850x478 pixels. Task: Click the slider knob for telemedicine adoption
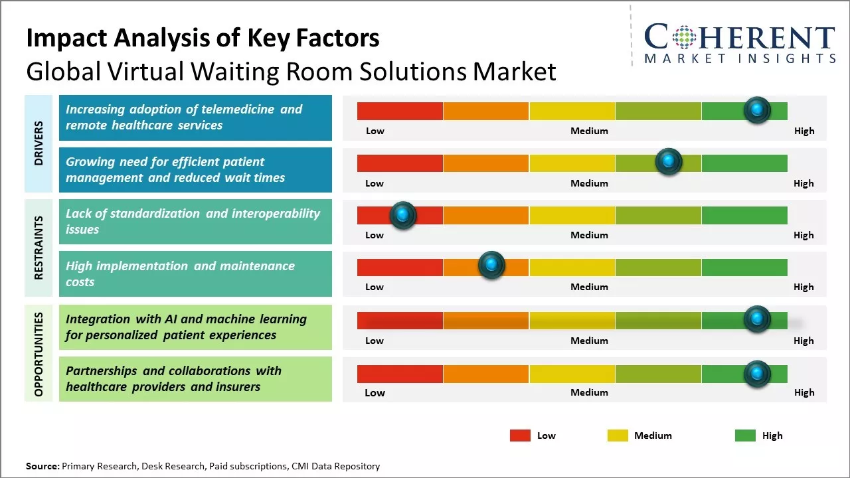pyautogui.click(x=756, y=110)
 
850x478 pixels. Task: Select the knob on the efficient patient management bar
pyautogui.click(x=668, y=162)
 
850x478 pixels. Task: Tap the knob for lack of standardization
pyautogui.click(x=402, y=215)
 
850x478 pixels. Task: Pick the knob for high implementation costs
pyautogui.click(x=491, y=266)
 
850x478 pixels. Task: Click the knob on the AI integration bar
pyautogui.click(x=756, y=319)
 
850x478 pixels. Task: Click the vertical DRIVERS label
pyautogui.click(x=39, y=143)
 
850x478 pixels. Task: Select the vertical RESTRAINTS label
pyautogui.click(x=39, y=248)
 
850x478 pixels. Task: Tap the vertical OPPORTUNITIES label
pyautogui.click(x=39, y=354)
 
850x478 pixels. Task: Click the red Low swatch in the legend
pyautogui.click(x=520, y=436)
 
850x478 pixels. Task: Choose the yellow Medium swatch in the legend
pyautogui.click(x=618, y=436)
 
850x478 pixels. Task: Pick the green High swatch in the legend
pyautogui.click(x=745, y=436)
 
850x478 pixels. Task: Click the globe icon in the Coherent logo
pyautogui.click(x=683, y=38)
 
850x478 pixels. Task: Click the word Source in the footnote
pyautogui.click(x=42, y=466)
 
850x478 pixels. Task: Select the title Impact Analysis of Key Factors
pyautogui.click(x=203, y=39)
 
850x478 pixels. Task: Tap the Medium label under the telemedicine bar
pyautogui.click(x=589, y=131)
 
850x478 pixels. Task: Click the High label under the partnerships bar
pyautogui.click(x=804, y=392)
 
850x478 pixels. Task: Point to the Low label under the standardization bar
pyautogui.click(x=375, y=235)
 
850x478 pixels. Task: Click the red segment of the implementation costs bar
pyautogui.click(x=400, y=267)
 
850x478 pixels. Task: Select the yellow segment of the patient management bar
pyautogui.click(x=572, y=163)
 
